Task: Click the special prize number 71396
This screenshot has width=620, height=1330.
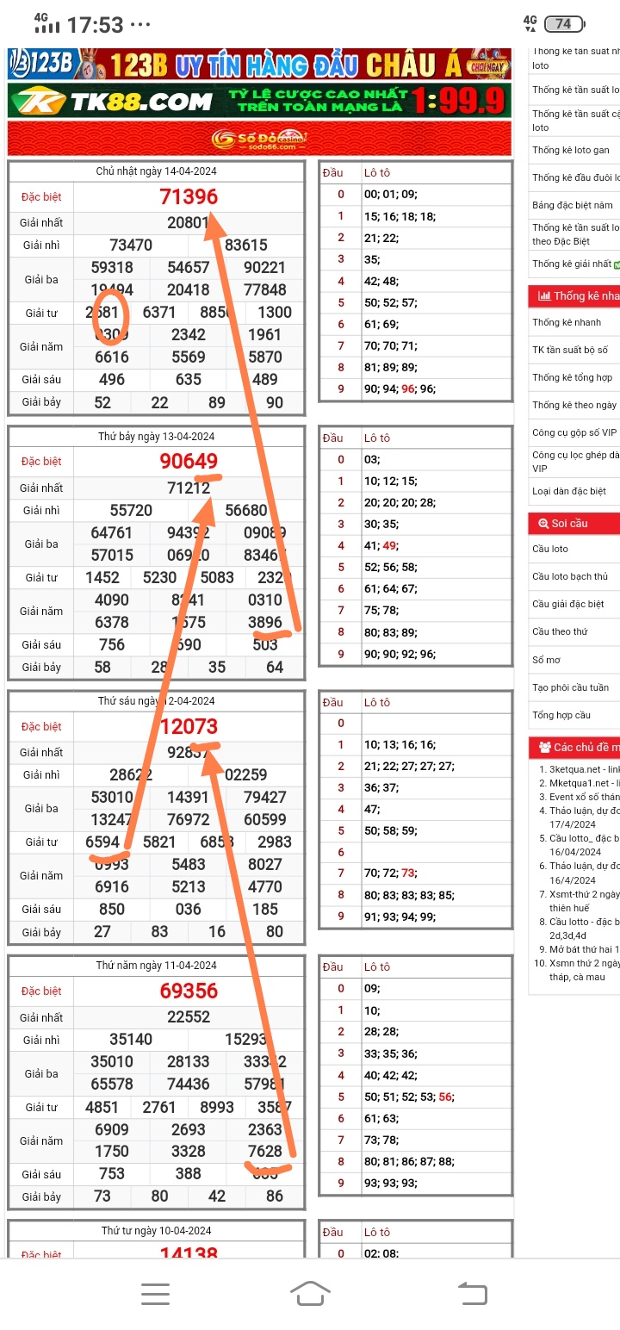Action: [x=189, y=196]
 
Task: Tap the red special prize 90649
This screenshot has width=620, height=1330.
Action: [x=189, y=461]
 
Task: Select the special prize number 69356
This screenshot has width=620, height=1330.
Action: [x=189, y=991]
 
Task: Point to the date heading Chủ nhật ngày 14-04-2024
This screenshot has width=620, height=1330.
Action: [x=156, y=171]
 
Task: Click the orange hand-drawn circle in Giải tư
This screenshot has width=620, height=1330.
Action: [x=110, y=314]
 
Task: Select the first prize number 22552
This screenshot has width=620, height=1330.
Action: [x=189, y=1016]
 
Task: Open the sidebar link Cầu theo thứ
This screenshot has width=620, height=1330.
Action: [x=560, y=631]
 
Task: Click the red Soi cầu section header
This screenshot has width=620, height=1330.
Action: [x=573, y=523]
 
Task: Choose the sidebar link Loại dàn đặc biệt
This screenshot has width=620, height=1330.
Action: [x=569, y=491]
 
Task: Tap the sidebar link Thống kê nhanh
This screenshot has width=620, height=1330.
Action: [x=567, y=322]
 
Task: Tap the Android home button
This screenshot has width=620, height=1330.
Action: [x=310, y=1293]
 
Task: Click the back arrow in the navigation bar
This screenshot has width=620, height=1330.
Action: [x=472, y=1293]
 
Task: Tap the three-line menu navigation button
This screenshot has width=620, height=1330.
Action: [x=155, y=1293]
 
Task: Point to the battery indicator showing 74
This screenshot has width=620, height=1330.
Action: [x=565, y=24]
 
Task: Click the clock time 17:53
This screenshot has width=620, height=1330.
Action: [x=95, y=25]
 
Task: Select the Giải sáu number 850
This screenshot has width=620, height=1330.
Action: [x=112, y=909]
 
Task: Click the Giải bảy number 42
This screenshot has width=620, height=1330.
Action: [x=217, y=1196]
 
